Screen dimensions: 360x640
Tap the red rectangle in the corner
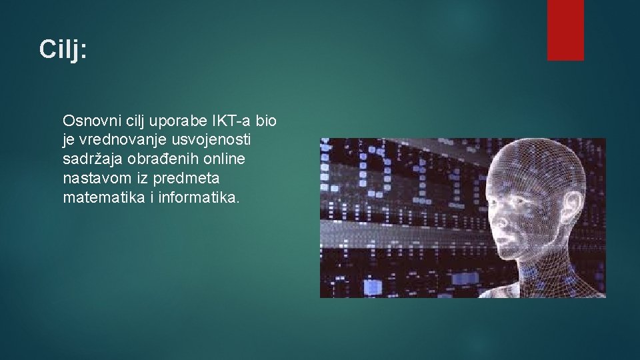(x=565, y=29)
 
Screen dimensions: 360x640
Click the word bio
(x=265, y=121)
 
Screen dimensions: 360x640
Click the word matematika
(x=103, y=199)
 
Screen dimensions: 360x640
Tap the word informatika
(x=199, y=199)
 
